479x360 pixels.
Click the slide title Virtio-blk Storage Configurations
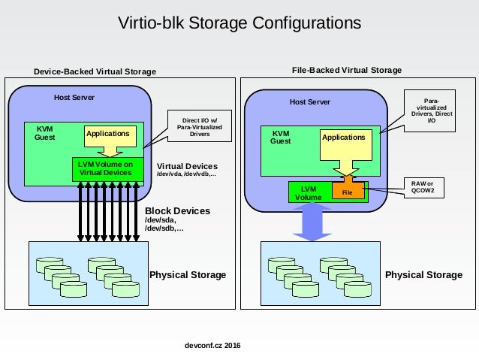[x=239, y=23]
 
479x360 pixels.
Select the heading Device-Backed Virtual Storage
[x=95, y=71]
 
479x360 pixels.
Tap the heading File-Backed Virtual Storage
[x=347, y=70]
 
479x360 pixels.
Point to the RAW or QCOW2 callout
[x=424, y=187]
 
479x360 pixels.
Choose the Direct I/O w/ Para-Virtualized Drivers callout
[x=200, y=126]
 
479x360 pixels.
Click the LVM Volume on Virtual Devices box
[x=108, y=169]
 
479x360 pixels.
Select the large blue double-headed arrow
[x=312, y=222]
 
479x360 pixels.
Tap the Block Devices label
[x=177, y=210]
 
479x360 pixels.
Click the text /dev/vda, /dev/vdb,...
[x=186, y=174]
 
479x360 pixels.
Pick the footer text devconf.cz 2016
[x=212, y=345]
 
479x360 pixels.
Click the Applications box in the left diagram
[x=110, y=137]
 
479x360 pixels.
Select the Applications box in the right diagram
[x=346, y=145]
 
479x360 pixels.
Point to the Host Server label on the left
[x=74, y=98]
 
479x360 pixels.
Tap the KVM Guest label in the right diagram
[x=281, y=138]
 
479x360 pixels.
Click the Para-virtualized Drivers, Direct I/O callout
[x=429, y=110]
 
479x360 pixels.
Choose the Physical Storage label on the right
[x=423, y=274]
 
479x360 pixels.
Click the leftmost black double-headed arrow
[x=80, y=212]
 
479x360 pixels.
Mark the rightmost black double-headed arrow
[x=136, y=212]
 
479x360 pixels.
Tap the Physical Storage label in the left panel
[x=188, y=274]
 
